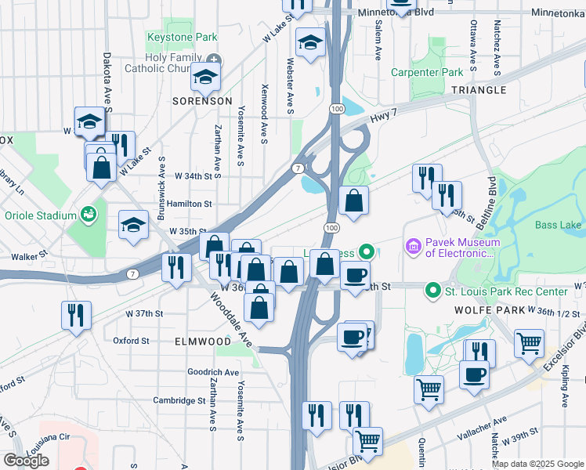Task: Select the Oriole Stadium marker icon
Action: [x=88, y=214]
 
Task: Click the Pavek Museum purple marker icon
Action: [x=413, y=247]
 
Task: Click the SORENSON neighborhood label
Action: [x=203, y=101]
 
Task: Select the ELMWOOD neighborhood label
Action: [x=203, y=342]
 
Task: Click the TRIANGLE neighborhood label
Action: [x=478, y=90]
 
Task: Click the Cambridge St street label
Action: [x=179, y=400]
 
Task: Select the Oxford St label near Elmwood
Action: [x=131, y=341]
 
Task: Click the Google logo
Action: [x=26, y=461]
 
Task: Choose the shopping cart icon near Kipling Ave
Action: [x=529, y=342]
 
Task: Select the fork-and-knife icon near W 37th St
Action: [x=76, y=315]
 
